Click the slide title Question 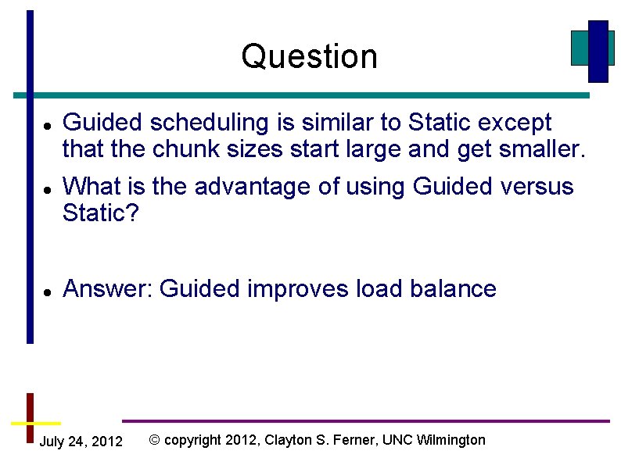click(x=310, y=56)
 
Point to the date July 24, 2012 click(x=81, y=442)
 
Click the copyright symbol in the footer click(x=154, y=440)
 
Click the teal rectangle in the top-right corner click(x=580, y=48)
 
